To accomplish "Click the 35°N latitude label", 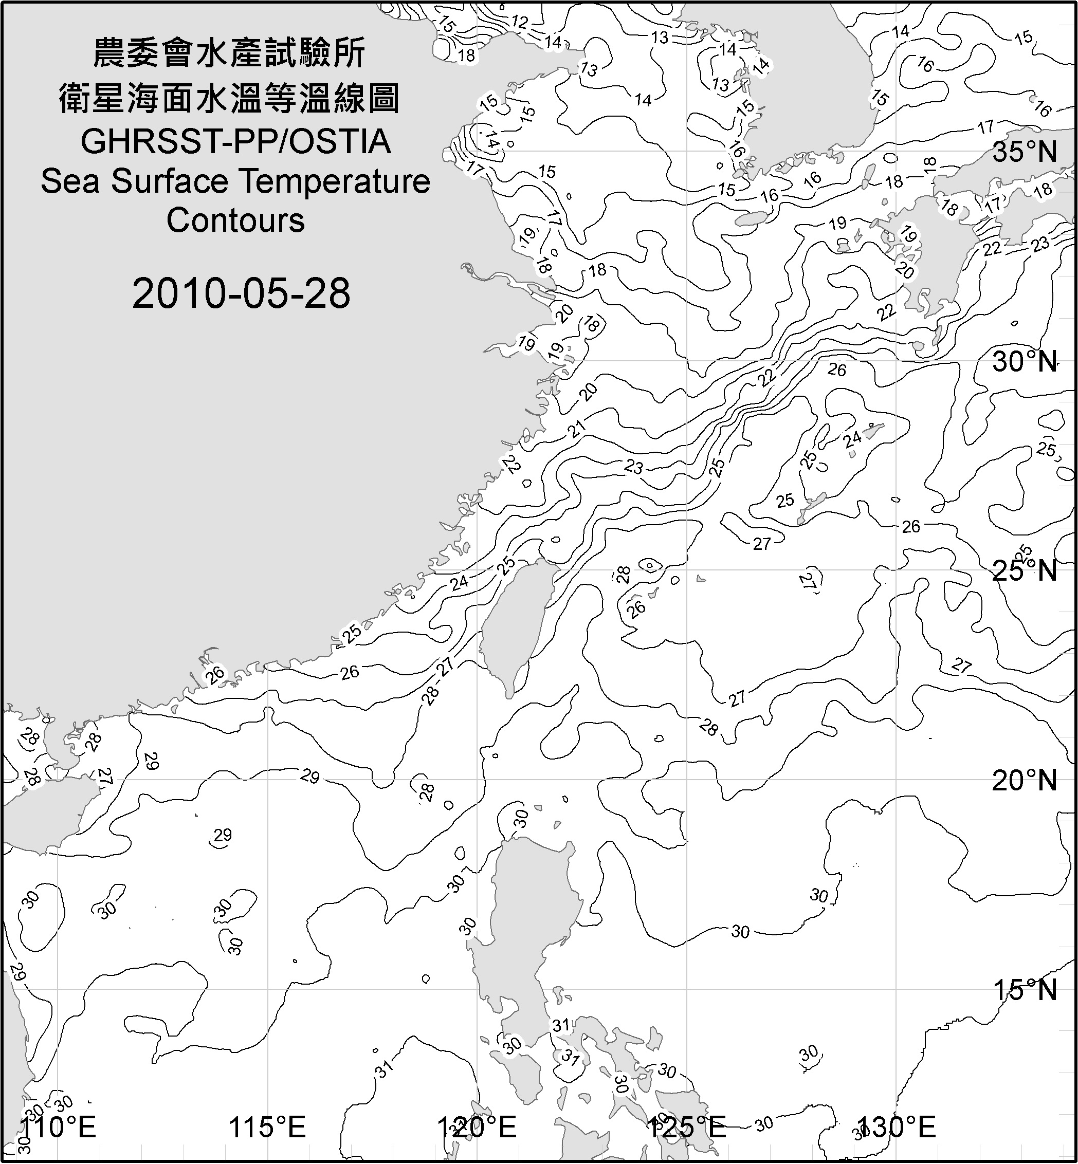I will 1025,152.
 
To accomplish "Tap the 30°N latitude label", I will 1025,362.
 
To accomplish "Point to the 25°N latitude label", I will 1025,570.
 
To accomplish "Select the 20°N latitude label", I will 1025,780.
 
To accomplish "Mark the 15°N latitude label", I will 1025,990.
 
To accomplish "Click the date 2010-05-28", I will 241,293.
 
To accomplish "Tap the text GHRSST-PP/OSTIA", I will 235,142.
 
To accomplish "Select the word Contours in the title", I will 235,220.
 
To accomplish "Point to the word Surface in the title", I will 169,181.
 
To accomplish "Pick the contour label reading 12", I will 519,22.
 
